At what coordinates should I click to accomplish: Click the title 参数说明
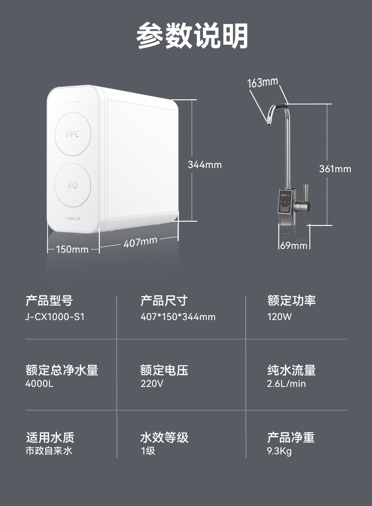point(192,35)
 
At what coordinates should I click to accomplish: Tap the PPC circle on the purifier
point(73,134)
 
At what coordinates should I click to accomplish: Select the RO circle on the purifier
point(73,185)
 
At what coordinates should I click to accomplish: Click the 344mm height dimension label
point(205,165)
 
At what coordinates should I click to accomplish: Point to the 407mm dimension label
point(140,242)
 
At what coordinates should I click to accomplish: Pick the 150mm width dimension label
point(72,249)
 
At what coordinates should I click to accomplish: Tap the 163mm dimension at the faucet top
point(263,82)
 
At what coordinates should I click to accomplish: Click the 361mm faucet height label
point(335,169)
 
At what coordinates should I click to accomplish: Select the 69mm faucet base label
point(293,246)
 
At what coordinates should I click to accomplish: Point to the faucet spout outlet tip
point(268,122)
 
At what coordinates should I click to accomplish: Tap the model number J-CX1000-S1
point(55,317)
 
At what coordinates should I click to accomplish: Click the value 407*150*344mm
point(178,317)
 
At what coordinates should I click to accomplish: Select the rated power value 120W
point(279,317)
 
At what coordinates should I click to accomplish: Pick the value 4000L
point(40,384)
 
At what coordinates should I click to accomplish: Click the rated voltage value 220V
point(152,384)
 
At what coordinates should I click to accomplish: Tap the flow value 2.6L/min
point(286,384)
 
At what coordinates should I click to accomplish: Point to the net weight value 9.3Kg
point(279,451)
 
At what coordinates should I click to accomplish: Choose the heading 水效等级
point(164,437)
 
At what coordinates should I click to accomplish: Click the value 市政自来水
point(49,451)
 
